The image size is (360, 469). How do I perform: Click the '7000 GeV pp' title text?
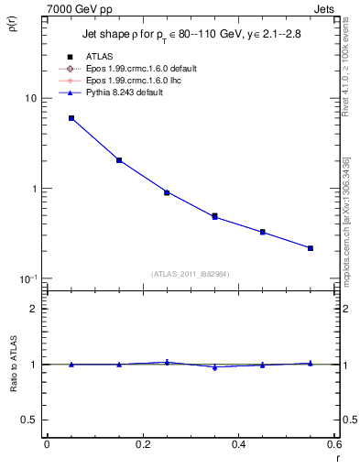click(x=80, y=9)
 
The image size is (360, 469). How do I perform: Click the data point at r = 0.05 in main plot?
click(x=71, y=118)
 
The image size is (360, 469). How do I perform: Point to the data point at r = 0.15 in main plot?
click(x=119, y=160)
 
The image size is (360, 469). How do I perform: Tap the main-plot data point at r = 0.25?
click(x=167, y=192)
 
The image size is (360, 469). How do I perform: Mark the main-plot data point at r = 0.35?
click(x=214, y=216)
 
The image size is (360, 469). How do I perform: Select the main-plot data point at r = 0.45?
click(x=263, y=232)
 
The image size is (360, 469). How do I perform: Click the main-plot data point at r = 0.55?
click(x=311, y=248)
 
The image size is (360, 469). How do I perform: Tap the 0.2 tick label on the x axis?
click(x=142, y=444)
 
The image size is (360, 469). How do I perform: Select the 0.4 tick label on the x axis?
click(x=238, y=444)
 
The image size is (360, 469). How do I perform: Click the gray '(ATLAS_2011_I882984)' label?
click(x=191, y=273)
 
